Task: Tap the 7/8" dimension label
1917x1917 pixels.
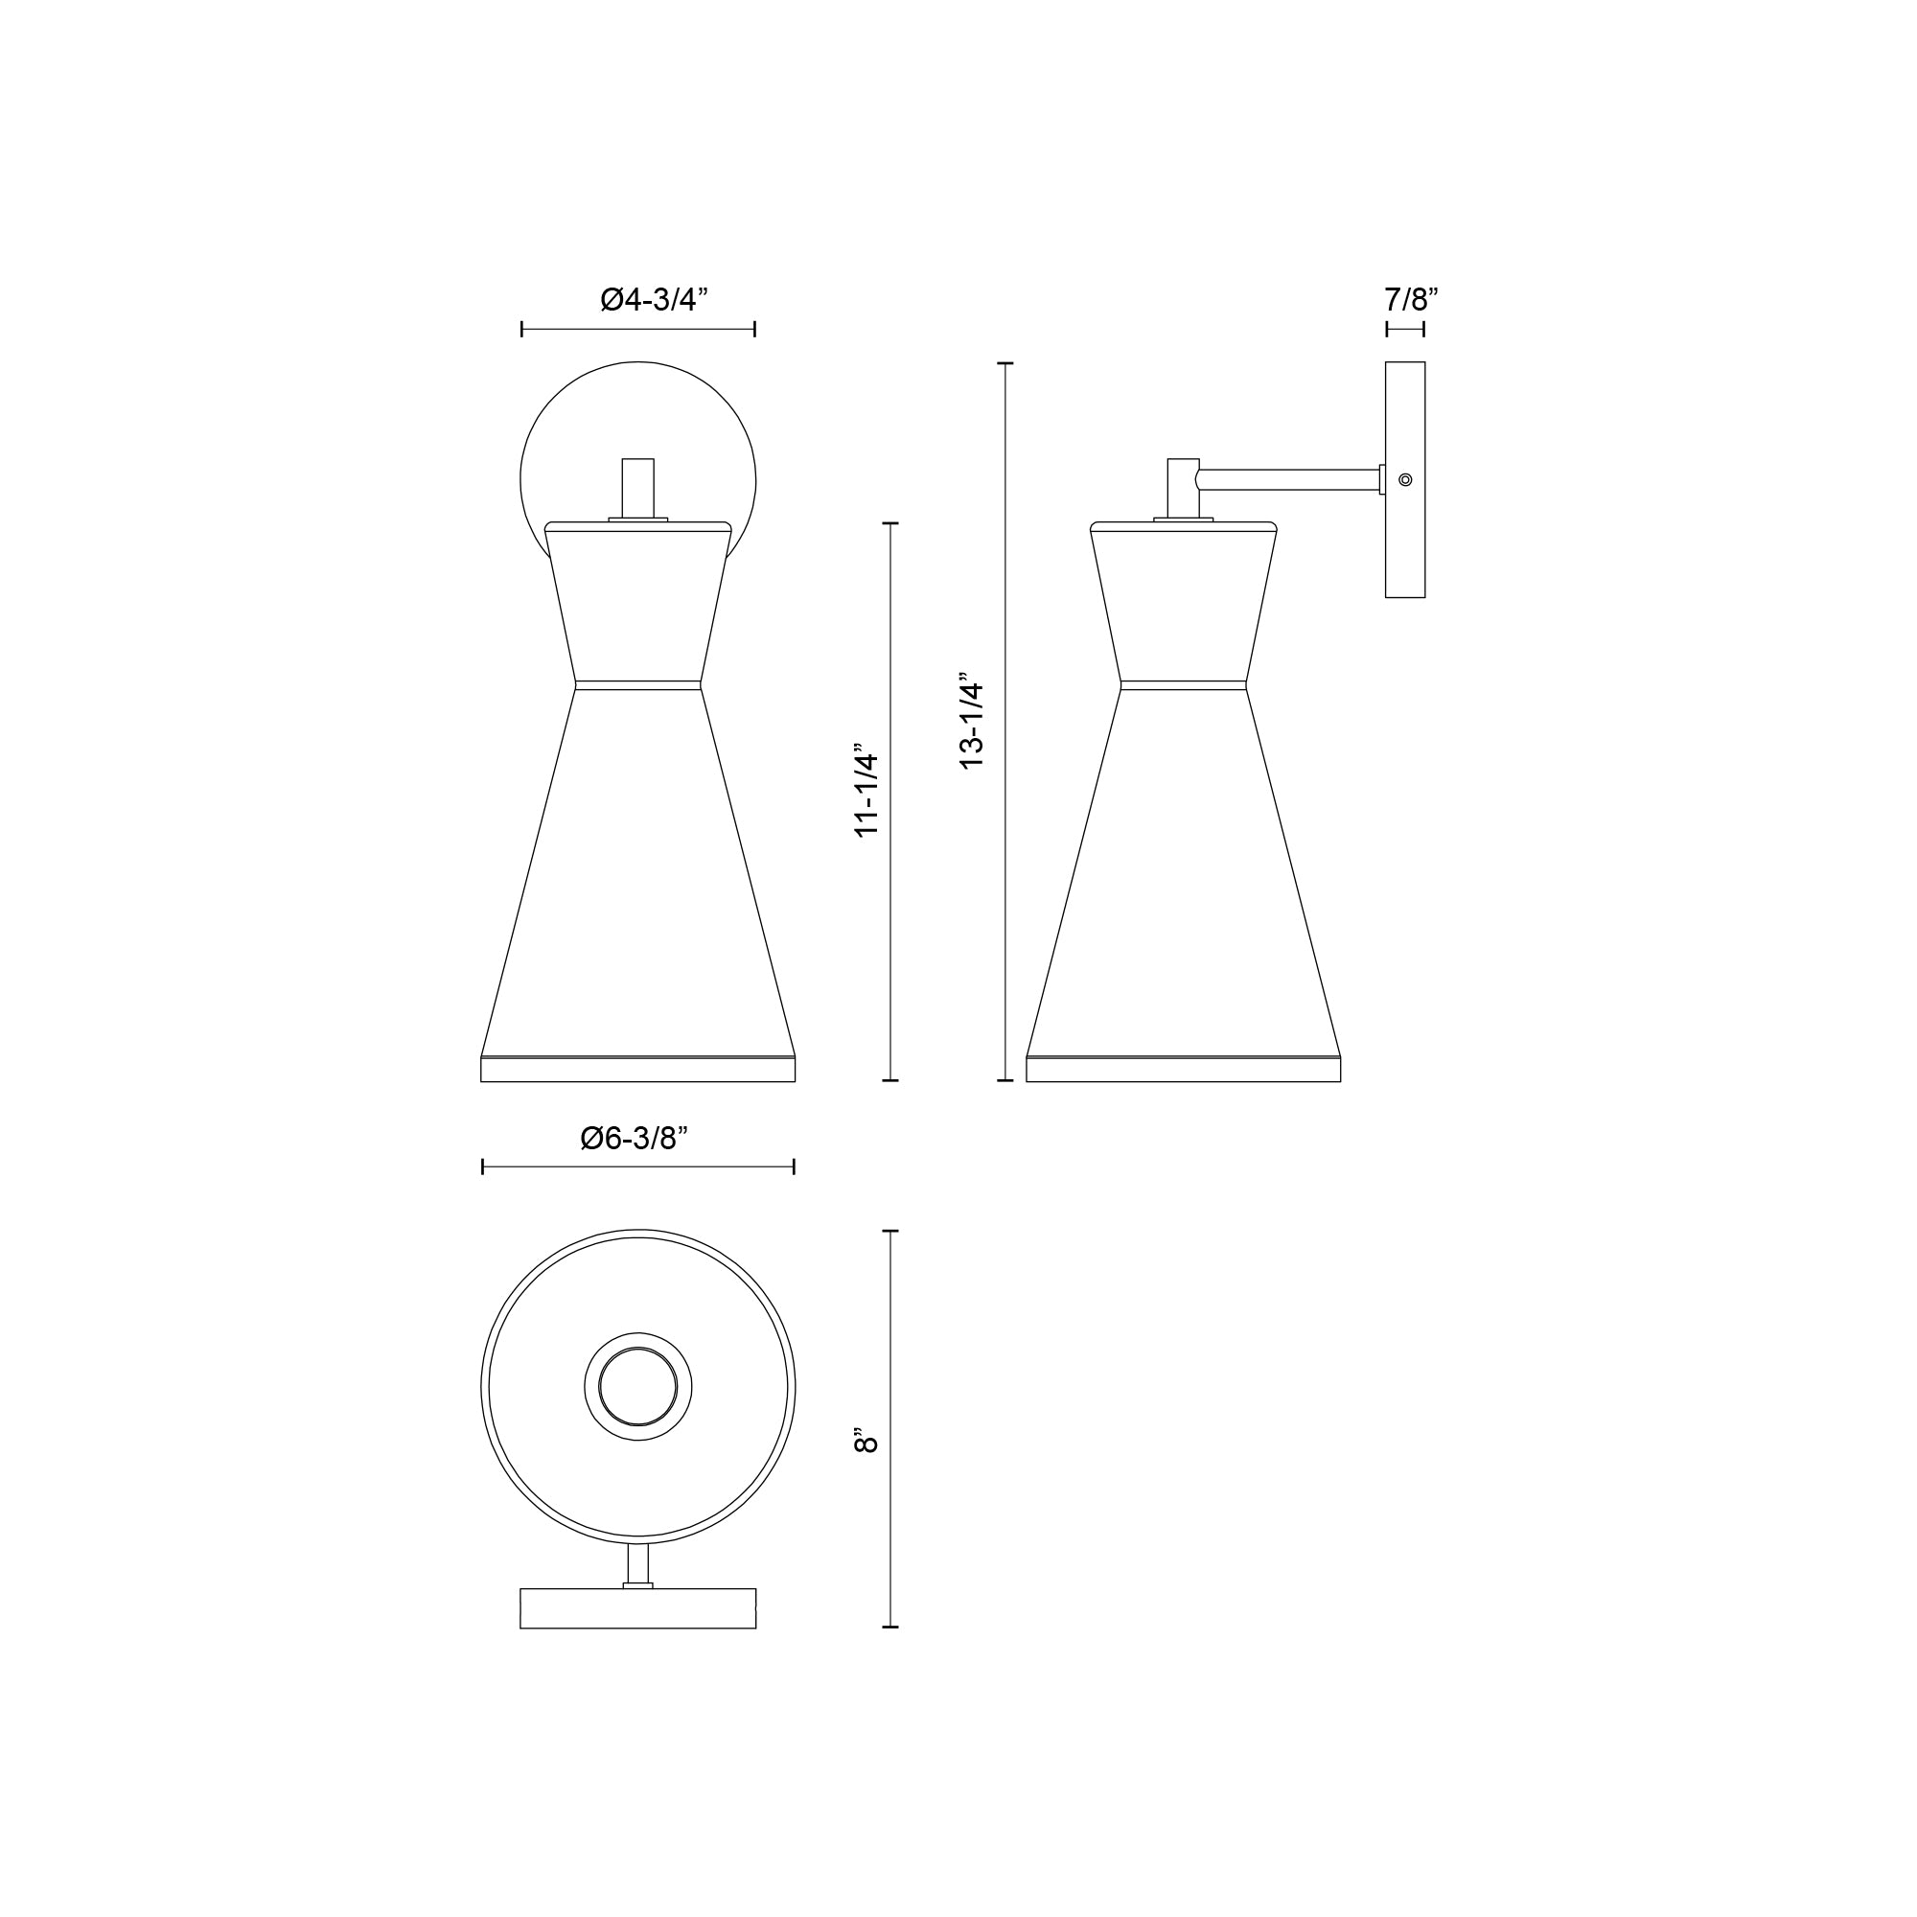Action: point(1410,299)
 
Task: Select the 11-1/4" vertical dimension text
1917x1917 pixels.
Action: point(867,795)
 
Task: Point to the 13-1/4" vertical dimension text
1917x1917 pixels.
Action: point(971,726)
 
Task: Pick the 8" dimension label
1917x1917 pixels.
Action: point(866,1442)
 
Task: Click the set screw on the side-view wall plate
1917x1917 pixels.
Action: point(1405,479)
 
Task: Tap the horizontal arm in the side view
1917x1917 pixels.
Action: point(1290,479)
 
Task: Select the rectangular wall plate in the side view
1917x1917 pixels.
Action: point(1405,556)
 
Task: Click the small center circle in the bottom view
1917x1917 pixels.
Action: point(638,1386)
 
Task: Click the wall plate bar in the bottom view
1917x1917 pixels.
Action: point(638,1608)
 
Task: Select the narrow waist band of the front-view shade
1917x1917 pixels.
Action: point(638,684)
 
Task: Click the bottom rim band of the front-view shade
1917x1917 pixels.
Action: point(638,1070)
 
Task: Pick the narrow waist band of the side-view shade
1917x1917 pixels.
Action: point(1184,684)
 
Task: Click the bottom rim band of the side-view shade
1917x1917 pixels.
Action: point(1184,1070)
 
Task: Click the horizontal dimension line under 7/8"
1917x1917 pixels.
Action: point(1405,330)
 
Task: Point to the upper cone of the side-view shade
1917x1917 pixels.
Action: point(1184,605)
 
